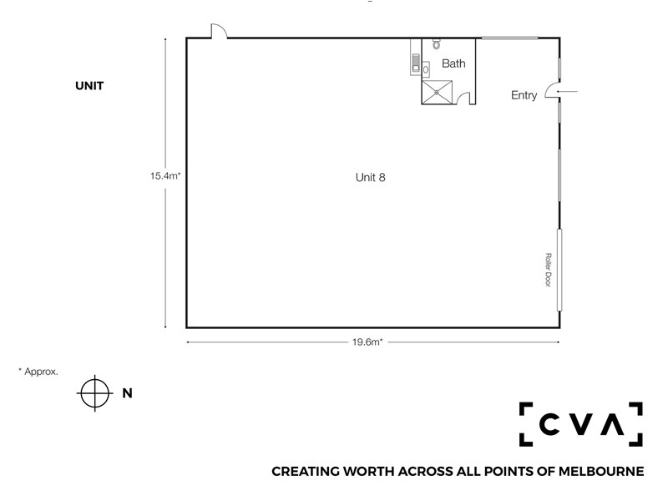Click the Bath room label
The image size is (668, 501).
(x=453, y=63)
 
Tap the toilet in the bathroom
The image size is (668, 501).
(x=436, y=43)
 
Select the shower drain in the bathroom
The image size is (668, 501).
(x=436, y=92)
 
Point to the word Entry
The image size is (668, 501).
(x=524, y=95)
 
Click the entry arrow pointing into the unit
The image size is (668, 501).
(x=567, y=91)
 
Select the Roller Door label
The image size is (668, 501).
(x=549, y=270)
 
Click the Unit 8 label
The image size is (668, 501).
(x=370, y=177)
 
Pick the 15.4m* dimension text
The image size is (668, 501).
(x=165, y=175)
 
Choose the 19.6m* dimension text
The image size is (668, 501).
(x=367, y=342)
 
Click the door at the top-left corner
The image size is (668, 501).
(x=219, y=31)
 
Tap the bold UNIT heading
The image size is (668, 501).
(x=89, y=86)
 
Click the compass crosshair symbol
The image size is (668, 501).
(x=94, y=392)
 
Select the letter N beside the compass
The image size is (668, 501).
(x=127, y=392)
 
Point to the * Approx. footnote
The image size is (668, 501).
(x=38, y=371)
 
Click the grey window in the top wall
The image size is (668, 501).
(x=509, y=38)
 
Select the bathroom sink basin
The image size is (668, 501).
(x=426, y=69)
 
